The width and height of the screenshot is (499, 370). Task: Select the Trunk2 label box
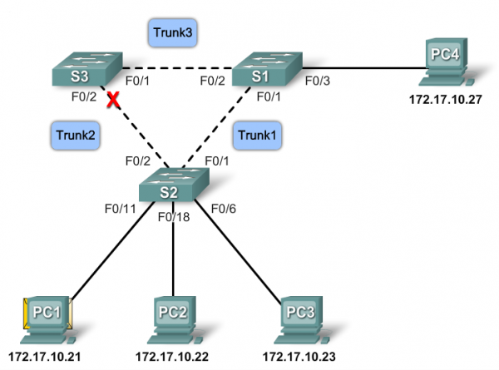tap(72, 132)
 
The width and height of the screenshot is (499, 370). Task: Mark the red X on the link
tap(107, 101)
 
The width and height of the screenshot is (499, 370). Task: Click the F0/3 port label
tap(318, 81)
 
